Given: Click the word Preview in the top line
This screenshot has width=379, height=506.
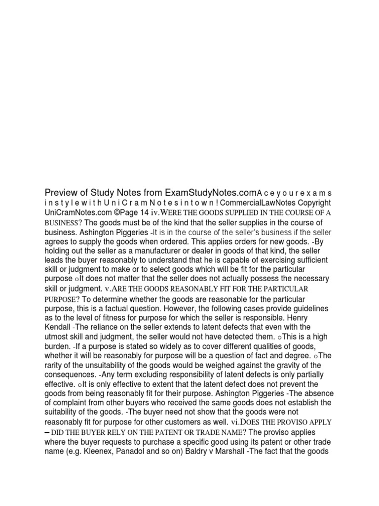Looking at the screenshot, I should [60, 192].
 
